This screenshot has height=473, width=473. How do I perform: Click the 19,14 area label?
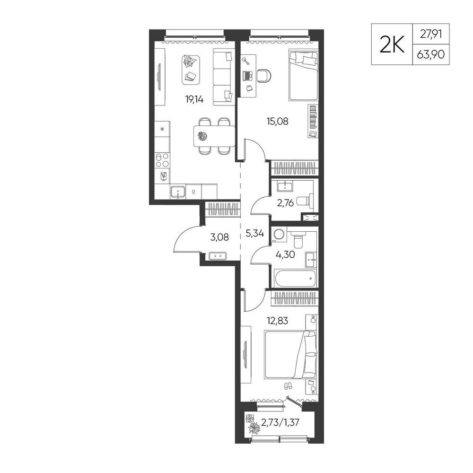(x=194, y=99)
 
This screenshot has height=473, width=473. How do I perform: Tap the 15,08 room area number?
(x=277, y=121)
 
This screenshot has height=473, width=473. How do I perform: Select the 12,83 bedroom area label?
(x=277, y=321)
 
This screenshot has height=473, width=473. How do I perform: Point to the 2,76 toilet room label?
(x=285, y=203)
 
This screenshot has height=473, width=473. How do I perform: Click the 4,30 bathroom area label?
(x=285, y=254)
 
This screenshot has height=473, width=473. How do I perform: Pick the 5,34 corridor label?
(x=254, y=233)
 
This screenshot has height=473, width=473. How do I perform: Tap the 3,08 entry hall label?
(x=219, y=237)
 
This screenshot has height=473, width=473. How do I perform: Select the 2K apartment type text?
(x=392, y=44)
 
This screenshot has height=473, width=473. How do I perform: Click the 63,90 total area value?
(x=430, y=54)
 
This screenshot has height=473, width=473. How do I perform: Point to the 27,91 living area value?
(x=431, y=34)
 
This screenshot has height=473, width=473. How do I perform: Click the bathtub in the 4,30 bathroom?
(x=296, y=278)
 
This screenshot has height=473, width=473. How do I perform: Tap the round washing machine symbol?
(x=278, y=234)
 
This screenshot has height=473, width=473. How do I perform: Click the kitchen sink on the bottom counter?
(x=178, y=192)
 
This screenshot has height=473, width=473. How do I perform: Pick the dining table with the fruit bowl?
(x=214, y=136)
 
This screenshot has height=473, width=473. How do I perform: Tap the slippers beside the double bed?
(x=288, y=386)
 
